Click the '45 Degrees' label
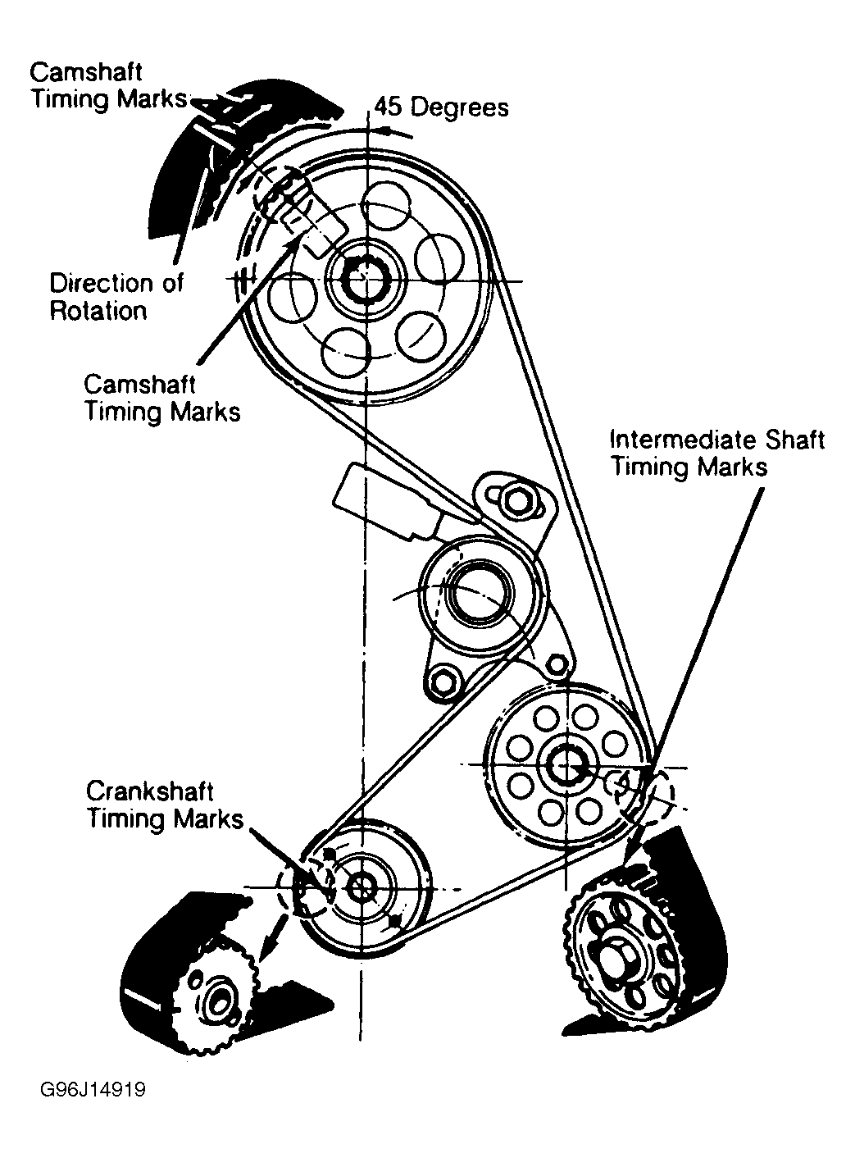click(442, 107)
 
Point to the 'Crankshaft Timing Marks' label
click(165, 805)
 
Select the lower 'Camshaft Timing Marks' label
click(162, 397)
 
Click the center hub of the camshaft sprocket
click(361, 281)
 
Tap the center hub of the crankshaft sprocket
click(362, 887)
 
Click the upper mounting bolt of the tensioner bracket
click(516, 499)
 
